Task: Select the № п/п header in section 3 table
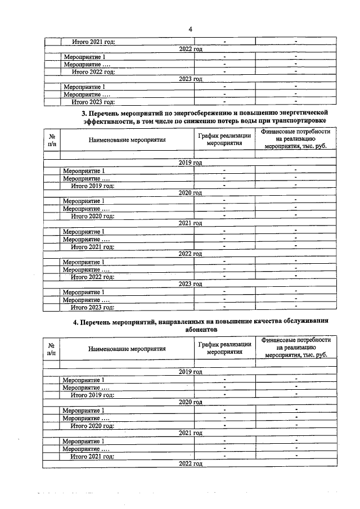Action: [x=52, y=139]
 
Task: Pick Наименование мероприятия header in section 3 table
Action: [x=127, y=140]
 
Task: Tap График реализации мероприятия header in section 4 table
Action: [x=224, y=348]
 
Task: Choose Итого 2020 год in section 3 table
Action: [x=92, y=216]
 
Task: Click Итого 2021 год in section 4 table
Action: [x=92, y=456]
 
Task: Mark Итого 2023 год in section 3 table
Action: [x=92, y=307]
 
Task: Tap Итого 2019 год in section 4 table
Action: [x=92, y=395]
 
